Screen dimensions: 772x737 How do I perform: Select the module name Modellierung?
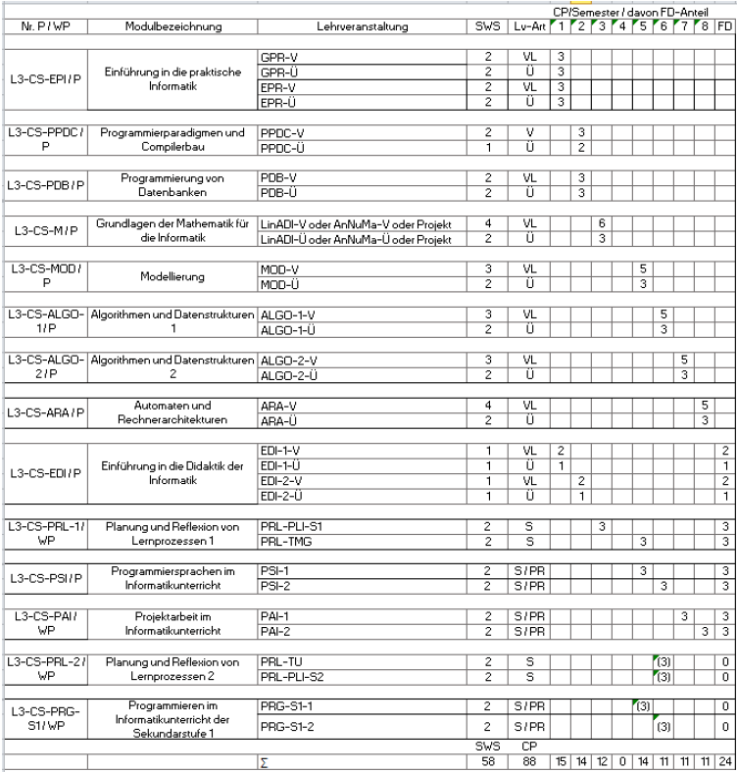[x=174, y=276]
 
